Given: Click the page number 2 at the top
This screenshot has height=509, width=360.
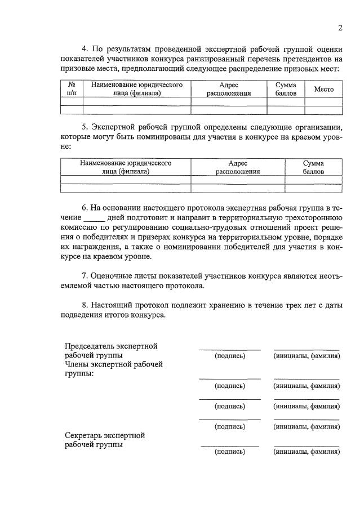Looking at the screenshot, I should (x=340, y=28).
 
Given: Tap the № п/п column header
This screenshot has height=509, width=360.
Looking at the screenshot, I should (x=72, y=89).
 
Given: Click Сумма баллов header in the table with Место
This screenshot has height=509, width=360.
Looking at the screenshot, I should (x=286, y=89).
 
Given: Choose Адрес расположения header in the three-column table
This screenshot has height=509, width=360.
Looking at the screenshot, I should (x=238, y=167).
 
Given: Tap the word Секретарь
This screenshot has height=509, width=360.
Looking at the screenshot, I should (x=86, y=435).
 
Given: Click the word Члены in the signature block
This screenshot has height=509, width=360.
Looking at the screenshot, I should (x=77, y=364).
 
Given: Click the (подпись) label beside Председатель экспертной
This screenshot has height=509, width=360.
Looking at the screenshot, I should (x=230, y=356).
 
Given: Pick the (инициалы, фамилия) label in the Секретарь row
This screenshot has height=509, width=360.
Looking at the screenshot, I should (x=306, y=452).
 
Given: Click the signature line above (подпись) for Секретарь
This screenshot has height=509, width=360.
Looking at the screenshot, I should (x=230, y=446).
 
